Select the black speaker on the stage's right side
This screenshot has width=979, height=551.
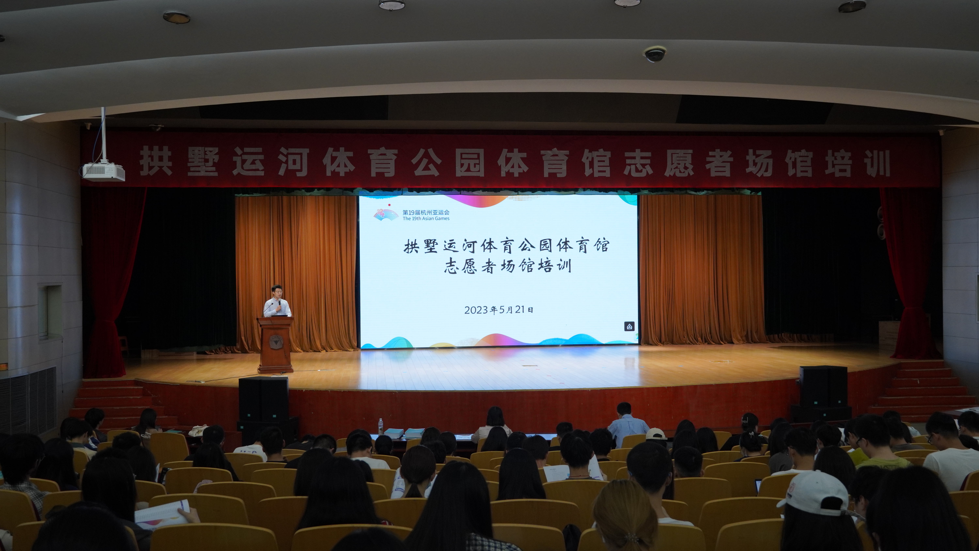pos(823,386)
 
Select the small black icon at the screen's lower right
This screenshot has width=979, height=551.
pos(629,326)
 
